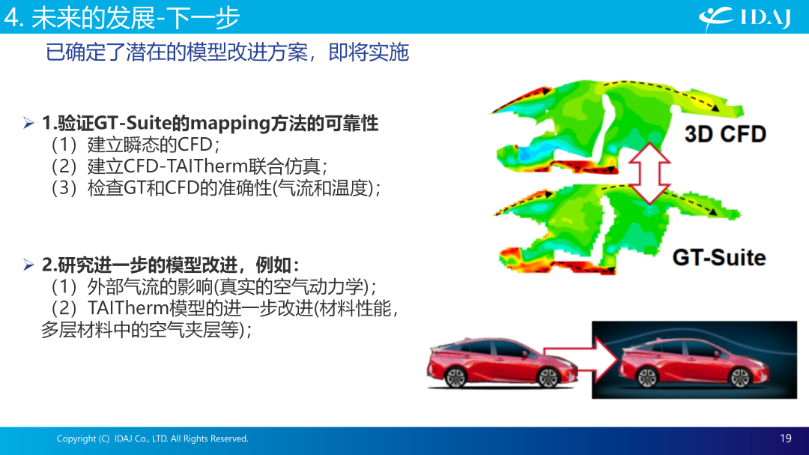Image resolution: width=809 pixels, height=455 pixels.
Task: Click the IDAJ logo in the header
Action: [x=745, y=19]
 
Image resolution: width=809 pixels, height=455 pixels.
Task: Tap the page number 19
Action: [x=785, y=439]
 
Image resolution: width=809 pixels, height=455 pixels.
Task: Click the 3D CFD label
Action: [x=725, y=134]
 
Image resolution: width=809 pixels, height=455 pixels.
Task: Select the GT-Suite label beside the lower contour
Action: [x=718, y=257]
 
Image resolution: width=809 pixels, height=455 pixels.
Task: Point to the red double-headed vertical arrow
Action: [x=649, y=173]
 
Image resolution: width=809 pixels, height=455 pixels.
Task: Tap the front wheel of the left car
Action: [x=548, y=378]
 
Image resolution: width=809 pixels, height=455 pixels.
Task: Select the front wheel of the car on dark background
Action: [x=739, y=377]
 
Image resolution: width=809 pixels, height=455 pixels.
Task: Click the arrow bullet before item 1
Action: [x=28, y=123]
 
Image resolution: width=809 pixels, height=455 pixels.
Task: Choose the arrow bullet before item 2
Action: [x=28, y=265]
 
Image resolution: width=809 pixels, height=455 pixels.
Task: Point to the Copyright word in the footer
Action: [x=76, y=439]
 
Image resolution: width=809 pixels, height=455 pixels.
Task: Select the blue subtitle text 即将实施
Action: [x=369, y=52]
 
